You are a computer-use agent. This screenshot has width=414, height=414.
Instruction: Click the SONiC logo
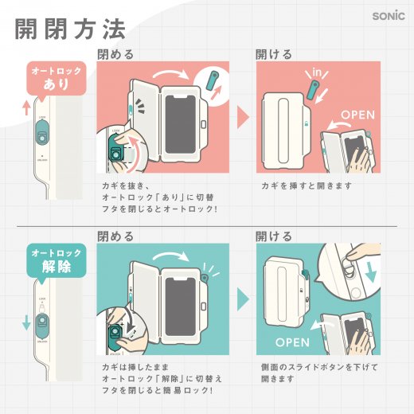pos(389,15)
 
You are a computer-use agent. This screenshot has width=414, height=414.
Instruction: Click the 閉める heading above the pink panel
pos(115,55)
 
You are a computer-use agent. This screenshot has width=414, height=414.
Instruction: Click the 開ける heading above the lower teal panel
pos(273,236)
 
